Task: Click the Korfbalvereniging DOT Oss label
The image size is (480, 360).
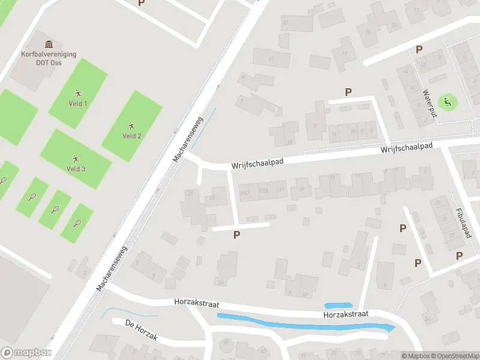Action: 49,57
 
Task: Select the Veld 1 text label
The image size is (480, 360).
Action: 77,103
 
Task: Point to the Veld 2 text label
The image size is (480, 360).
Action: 132,136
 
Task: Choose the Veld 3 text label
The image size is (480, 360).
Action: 76,169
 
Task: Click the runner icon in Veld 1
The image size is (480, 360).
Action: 77,93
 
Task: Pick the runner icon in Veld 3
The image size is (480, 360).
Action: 76,158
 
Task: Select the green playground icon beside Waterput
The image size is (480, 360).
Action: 446,102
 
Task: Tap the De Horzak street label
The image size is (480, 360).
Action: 141,331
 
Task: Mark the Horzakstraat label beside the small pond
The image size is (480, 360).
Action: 345,314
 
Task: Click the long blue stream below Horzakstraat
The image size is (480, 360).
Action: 300,323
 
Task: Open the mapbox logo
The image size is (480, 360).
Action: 26,353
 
